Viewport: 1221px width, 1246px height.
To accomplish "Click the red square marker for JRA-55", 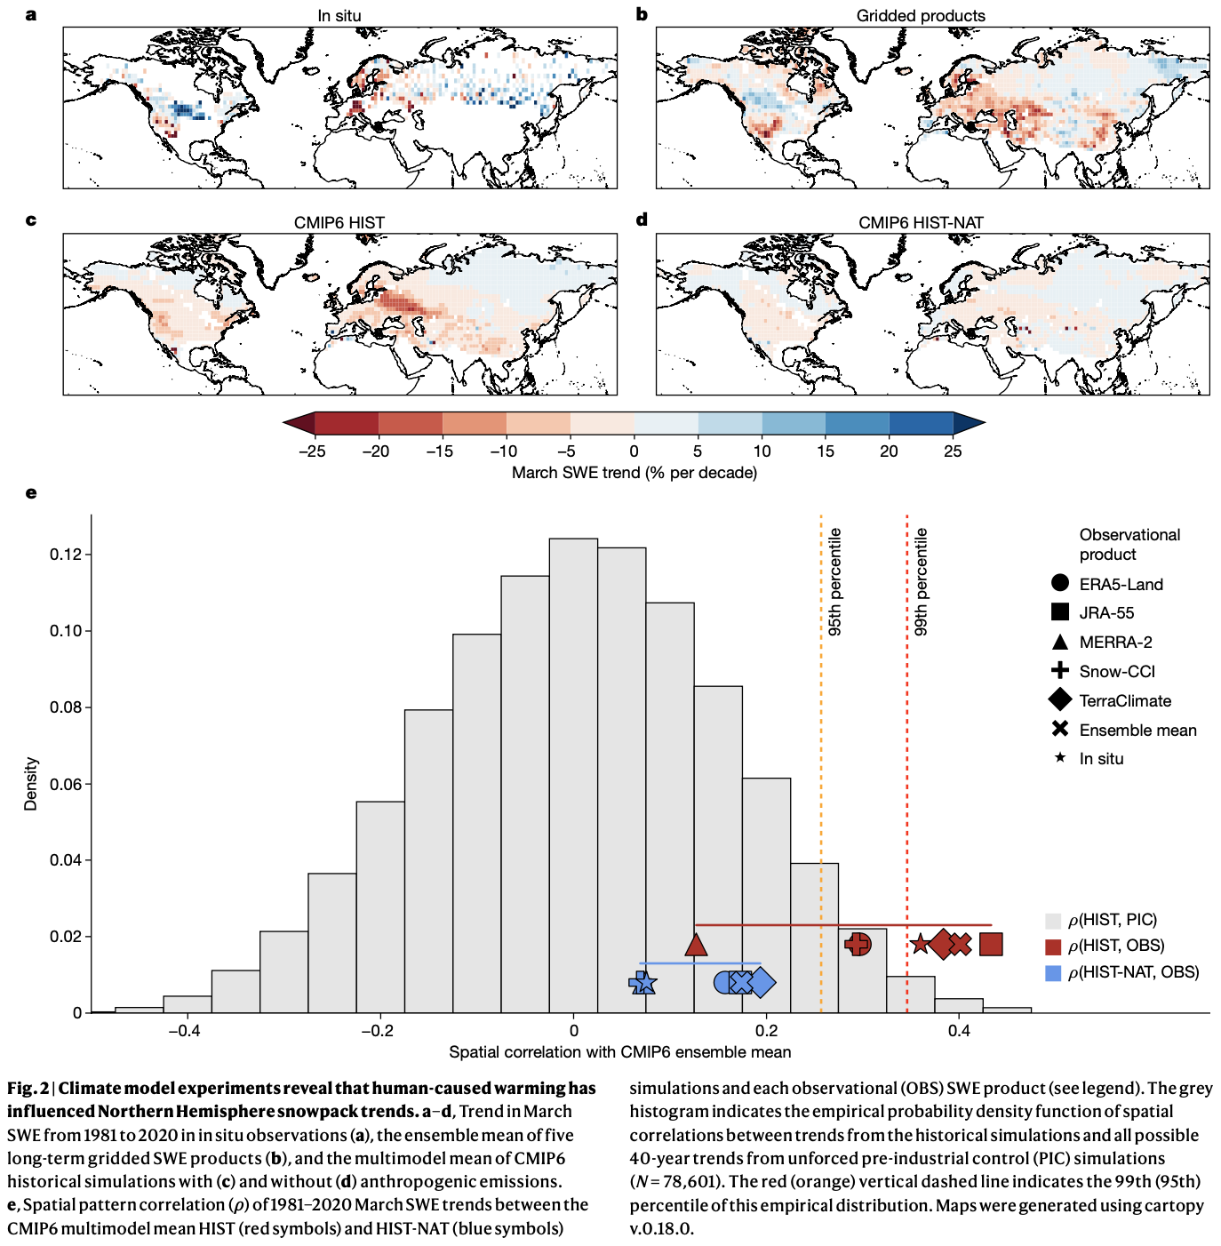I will point(991,944).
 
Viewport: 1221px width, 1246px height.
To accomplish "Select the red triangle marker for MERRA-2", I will point(696,945).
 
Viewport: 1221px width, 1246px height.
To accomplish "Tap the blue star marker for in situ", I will point(644,983).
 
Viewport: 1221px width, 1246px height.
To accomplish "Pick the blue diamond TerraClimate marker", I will point(762,983).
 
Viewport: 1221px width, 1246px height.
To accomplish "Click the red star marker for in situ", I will point(921,944).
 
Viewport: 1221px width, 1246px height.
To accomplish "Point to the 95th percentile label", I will point(834,582).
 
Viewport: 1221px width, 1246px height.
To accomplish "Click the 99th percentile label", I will point(921,582).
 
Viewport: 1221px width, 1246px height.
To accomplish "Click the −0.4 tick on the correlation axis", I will point(184,1031).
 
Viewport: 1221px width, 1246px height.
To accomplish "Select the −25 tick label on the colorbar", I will point(311,451).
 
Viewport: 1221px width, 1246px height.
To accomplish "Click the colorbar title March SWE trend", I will point(634,473).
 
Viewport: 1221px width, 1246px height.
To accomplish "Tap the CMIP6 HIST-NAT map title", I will point(921,222).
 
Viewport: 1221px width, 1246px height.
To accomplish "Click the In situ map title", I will point(339,16).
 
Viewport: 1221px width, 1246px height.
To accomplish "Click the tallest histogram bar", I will point(573,773).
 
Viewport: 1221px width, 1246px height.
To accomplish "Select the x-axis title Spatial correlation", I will point(619,1052).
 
